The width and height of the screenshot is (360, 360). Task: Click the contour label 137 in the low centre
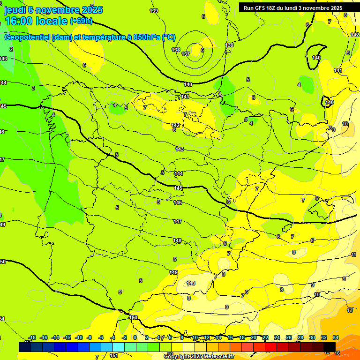pyautogui.click(x=186, y=54)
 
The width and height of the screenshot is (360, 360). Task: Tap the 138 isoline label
pyautogui.click(x=176, y=50)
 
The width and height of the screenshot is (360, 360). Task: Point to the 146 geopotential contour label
pyautogui.click(x=178, y=202)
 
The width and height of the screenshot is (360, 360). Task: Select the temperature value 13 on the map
pyautogui.click(x=350, y=310)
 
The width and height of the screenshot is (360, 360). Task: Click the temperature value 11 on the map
pyautogui.click(x=354, y=255)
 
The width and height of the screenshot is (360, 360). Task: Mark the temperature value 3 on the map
pyautogui.click(x=33, y=88)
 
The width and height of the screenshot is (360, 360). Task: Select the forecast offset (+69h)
pyautogui.click(x=81, y=21)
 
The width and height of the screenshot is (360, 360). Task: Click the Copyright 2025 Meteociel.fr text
pyautogui.click(x=199, y=356)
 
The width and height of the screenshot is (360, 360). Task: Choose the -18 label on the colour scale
pyautogui.click(x=32, y=337)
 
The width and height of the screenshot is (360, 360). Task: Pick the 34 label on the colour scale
pyautogui.click(x=336, y=337)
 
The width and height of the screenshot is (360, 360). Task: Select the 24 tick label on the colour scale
pyautogui.click(x=277, y=337)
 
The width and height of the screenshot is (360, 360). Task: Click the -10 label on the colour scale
pyautogui.click(x=78, y=337)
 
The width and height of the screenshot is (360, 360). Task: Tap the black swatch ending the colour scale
pyautogui.click(x=330, y=347)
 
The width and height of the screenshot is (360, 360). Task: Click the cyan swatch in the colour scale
pyautogui.click(x=119, y=347)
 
